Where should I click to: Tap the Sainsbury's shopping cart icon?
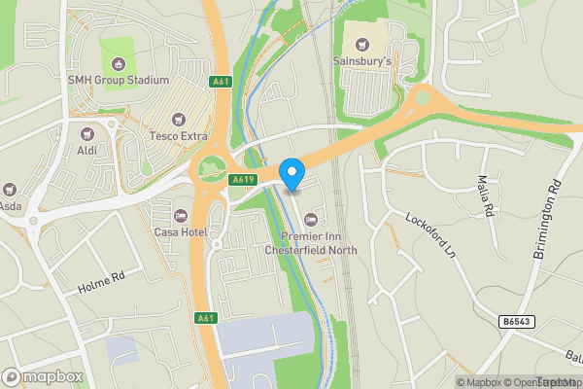362,44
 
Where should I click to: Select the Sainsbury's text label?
362,62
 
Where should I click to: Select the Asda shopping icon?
11,188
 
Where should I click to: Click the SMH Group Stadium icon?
119,63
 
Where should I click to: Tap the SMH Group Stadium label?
119,81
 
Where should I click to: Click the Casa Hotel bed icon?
179,215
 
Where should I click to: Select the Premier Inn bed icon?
311,218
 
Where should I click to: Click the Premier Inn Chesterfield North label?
311,243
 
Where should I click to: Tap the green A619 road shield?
243,180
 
